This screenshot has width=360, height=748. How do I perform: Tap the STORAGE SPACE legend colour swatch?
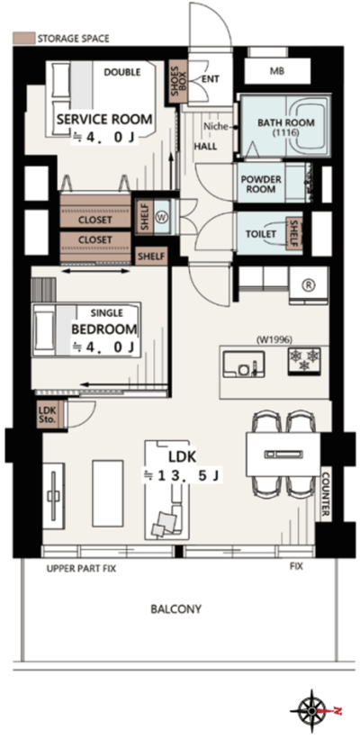[x=23, y=38]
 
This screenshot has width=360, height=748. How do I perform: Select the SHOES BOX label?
[x=175, y=82]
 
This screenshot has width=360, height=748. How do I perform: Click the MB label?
[x=276, y=71]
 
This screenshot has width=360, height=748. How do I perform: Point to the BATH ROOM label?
[x=286, y=128]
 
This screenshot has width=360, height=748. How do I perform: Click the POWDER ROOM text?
[x=261, y=185]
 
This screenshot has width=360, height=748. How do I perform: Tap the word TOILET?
[x=261, y=234]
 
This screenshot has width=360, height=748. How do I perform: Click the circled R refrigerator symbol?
[x=309, y=284]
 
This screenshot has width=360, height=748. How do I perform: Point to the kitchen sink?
[x=243, y=365]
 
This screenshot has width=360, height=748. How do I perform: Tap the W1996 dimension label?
[x=274, y=340]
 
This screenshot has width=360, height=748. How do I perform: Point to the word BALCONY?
[x=175, y=609]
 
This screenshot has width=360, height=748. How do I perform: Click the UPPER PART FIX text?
[x=81, y=569]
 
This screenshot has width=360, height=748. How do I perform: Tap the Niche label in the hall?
[x=213, y=127]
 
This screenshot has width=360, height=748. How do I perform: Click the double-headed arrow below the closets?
[x=95, y=271]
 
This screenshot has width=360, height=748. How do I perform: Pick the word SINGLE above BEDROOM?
[x=106, y=313]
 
